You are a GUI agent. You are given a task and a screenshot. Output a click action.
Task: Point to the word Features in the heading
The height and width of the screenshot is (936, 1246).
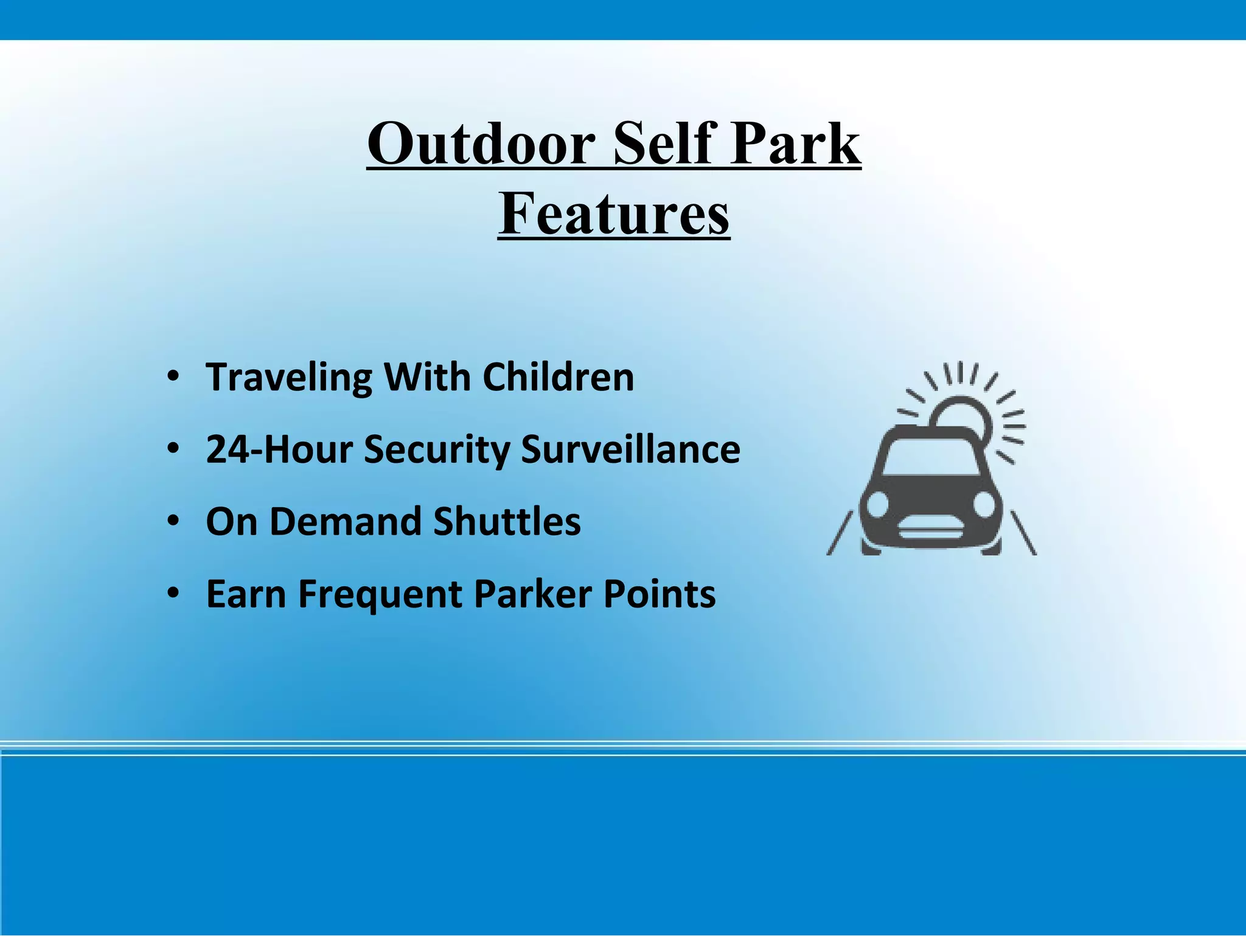point(614,213)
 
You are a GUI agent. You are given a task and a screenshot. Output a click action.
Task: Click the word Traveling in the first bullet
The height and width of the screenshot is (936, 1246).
point(289,377)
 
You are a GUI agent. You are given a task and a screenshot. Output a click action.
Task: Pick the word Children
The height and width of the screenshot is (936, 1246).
point(558,377)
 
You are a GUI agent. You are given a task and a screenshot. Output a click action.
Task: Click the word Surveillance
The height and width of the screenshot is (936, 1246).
point(630,449)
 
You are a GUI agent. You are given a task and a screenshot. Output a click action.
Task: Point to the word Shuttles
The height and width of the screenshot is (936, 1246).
point(507,522)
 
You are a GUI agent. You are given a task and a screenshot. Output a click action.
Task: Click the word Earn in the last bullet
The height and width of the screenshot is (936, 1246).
point(246,594)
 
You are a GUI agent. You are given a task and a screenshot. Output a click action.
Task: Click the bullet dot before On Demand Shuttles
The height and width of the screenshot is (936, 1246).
point(173,522)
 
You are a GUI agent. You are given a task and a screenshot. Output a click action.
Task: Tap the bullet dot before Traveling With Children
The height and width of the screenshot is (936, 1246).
point(173,377)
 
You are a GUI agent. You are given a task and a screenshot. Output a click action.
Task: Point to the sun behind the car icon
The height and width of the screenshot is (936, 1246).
point(964,414)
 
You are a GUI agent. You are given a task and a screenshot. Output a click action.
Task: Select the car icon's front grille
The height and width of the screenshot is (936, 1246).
point(931,534)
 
